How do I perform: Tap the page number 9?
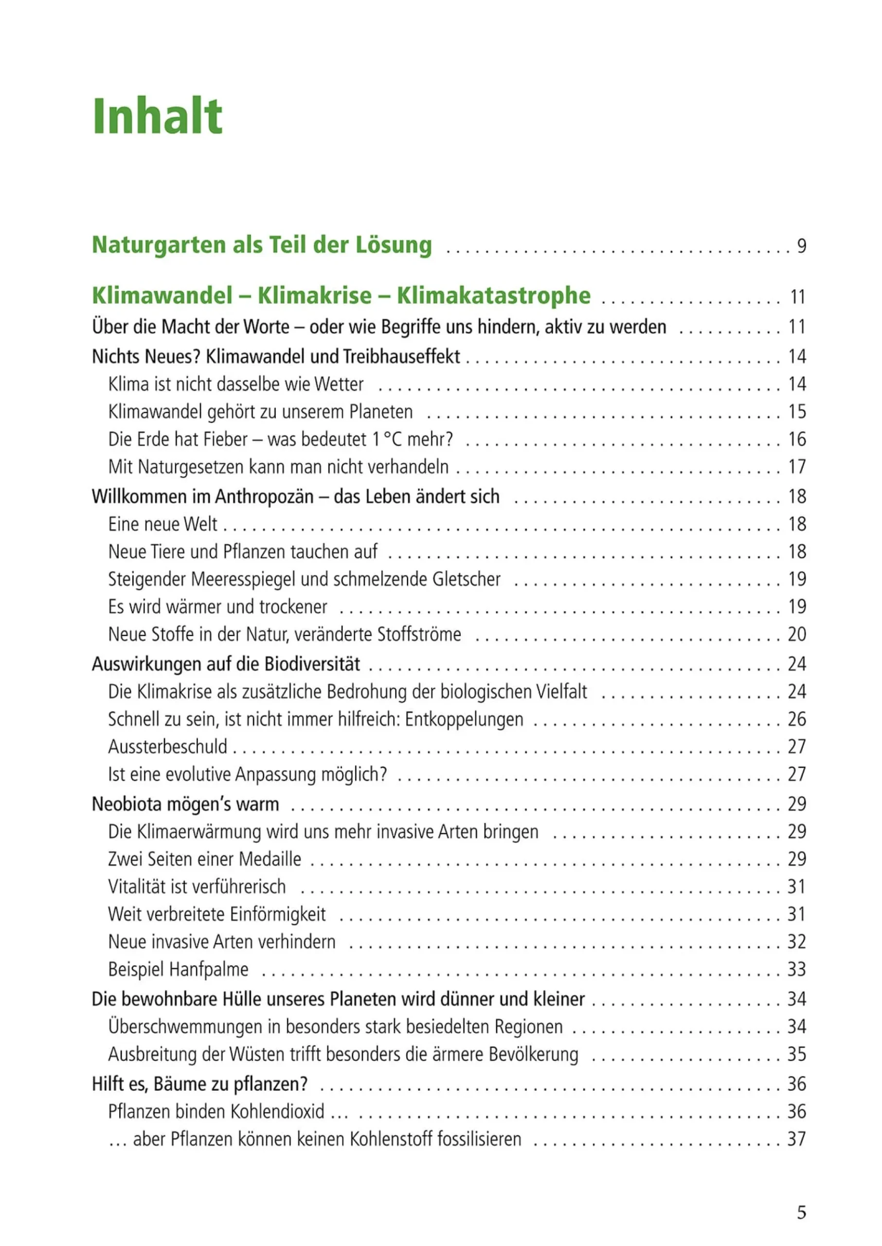(x=801, y=246)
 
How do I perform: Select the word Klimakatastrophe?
(x=493, y=295)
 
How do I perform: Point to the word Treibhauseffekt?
(x=401, y=356)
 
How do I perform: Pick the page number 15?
(x=797, y=412)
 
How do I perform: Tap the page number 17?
(x=797, y=467)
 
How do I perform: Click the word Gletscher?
(x=466, y=579)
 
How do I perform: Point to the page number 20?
(x=797, y=634)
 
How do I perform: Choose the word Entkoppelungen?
(x=464, y=719)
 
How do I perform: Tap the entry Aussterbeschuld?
(x=167, y=747)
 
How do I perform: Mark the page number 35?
(x=797, y=1054)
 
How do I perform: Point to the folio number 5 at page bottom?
(x=801, y=1212)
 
